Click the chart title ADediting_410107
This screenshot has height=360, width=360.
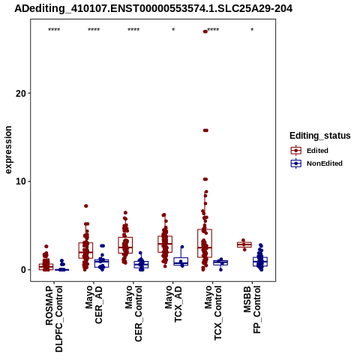(153, 9)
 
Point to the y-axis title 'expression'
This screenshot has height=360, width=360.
(8, 150)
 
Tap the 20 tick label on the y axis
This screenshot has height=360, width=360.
(21, 94)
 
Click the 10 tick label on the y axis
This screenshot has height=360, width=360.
(21, 181)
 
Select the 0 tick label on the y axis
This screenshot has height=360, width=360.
(23, 270)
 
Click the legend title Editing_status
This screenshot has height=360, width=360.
(320, 136)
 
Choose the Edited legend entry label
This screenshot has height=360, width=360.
(317, 151)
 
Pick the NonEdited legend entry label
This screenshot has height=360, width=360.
(325, 163)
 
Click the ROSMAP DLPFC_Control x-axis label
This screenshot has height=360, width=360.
(54, 319)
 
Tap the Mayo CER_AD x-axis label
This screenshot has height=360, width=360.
(94, 304)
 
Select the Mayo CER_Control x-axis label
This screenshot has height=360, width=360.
(133, 313)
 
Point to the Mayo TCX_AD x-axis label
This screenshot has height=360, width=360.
(173, 304)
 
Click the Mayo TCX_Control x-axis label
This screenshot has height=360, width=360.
(213, 313)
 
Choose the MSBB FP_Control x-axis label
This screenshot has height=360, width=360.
(252, 310)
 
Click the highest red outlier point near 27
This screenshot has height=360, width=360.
(205, 31)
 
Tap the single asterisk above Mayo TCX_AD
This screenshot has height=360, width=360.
(173, 30)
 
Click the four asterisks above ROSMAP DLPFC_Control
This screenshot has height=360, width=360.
(54, 30)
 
